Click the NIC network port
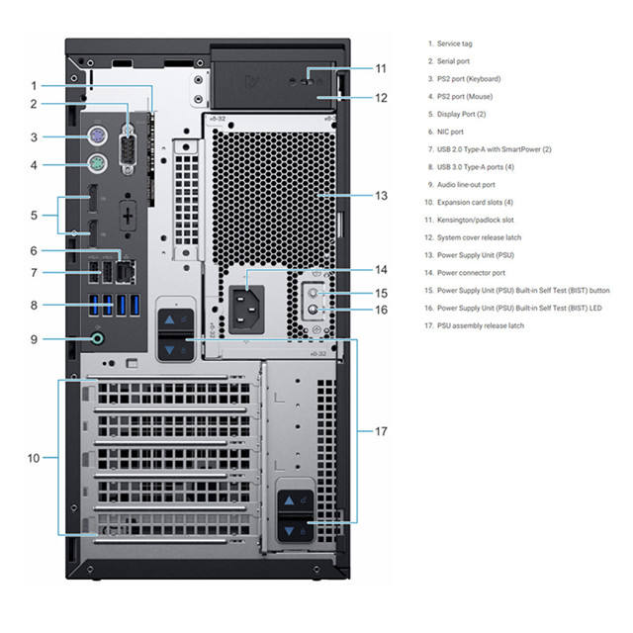click(x=124, y=265)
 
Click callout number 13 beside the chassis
click(x=381, y=195)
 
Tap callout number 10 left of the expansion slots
click(x=34, y=458)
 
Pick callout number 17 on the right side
click(x=381, y=431)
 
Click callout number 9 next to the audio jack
click(x=34, y=339)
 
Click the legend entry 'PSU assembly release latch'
click(x=481, y=325)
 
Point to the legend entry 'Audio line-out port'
click(x=468, y=184)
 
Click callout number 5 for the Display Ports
click(x=34, y=214)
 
